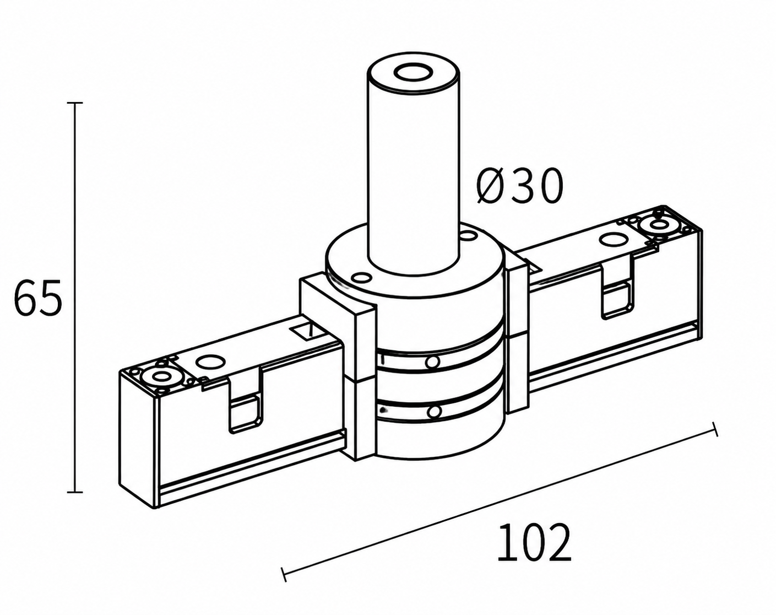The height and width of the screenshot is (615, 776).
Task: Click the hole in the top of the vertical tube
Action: click(413, 72)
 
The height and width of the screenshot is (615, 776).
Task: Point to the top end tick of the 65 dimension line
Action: click(75, 103)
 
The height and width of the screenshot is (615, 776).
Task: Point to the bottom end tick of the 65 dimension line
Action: click(75, 492)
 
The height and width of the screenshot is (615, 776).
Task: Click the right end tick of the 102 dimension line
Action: click(715, 429)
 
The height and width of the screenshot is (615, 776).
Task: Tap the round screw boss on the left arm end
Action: click(160, 377)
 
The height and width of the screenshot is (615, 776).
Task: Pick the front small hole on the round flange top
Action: click(362, 278)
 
